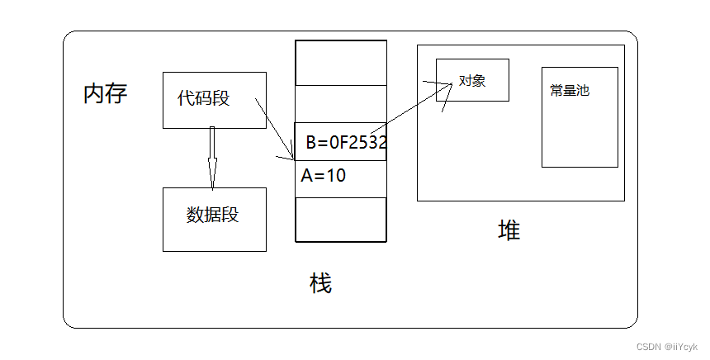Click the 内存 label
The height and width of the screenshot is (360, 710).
pos(105,93)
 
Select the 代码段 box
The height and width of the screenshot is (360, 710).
pos(214,99)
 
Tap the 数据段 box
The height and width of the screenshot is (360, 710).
pos(214,219)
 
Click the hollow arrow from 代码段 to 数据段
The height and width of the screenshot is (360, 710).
pos(212,157)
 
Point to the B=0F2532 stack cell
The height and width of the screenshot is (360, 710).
pos(341,142)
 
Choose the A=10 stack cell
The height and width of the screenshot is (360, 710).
pos(341,178)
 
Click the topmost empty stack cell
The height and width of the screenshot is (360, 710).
pos(341,63)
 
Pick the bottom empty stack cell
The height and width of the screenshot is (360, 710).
pos(341,219)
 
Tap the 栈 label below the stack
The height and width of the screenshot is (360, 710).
pos(320,283)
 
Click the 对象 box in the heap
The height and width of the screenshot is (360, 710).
pos(472,80)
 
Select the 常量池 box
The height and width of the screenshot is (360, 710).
pos(580,116)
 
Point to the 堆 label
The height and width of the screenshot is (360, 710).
pos(509,230)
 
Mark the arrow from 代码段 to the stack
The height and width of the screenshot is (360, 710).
pos(275,129)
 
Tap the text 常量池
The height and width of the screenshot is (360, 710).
pos(570,91)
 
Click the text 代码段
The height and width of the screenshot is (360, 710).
pos(203,98)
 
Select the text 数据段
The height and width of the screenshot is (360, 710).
pos(212,215)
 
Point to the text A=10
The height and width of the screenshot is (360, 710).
pos(324,175)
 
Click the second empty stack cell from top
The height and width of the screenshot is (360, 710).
pos(341,104)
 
